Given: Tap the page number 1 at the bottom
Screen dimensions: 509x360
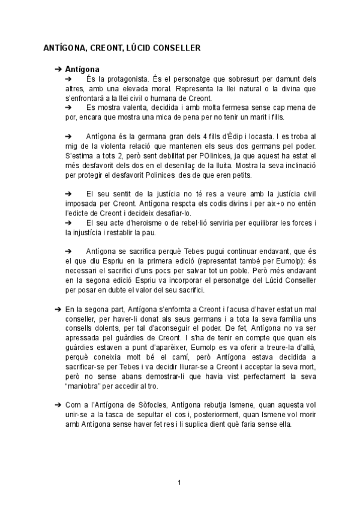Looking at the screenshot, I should pyautogui.click(x=179, y=481).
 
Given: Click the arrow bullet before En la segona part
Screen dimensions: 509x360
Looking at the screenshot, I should pyautogui.click(x=56, y=308).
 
